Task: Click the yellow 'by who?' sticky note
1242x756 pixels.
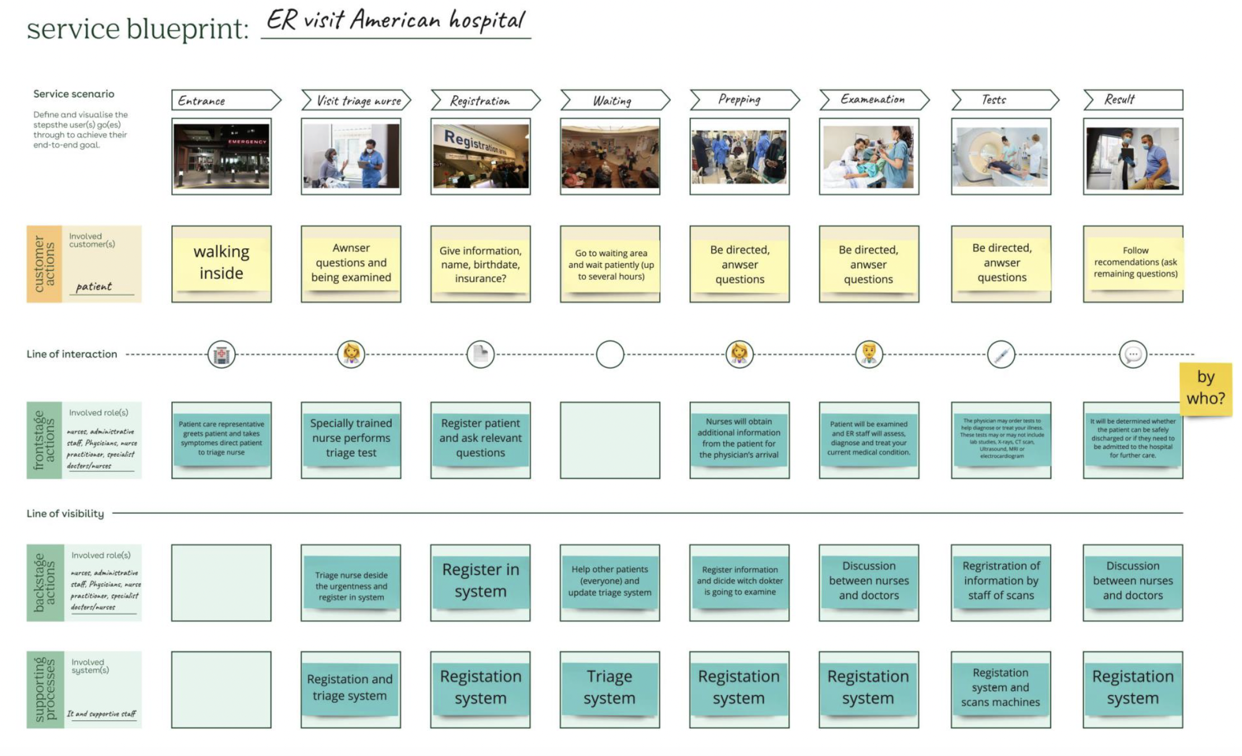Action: (1206, 388)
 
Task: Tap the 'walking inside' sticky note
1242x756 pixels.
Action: (222, 263)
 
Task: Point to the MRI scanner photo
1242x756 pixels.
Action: (1000, 157)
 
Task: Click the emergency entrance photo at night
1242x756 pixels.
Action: (222, 157)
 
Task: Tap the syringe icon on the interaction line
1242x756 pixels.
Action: (1001, 355)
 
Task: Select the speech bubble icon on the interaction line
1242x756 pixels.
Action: (1133, 355)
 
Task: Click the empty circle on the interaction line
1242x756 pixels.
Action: (610, 355)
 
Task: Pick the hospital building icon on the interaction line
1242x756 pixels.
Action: (222, 355)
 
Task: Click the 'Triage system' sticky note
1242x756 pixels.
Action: (609, 687)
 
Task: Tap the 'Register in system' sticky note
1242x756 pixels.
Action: (481, 580)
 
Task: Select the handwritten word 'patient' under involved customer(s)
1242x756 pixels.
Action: (94, 286)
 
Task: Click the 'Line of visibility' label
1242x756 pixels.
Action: (65, 513)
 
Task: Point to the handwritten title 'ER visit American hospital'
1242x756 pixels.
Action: (395, 21)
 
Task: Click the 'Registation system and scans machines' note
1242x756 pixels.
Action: (1000, 687)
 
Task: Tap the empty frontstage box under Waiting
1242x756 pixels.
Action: (610, 440)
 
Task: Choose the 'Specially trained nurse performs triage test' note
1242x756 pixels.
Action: (351, 438)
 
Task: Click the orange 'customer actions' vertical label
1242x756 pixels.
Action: (44, 264)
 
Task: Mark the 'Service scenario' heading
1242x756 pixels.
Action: (74, 94)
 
